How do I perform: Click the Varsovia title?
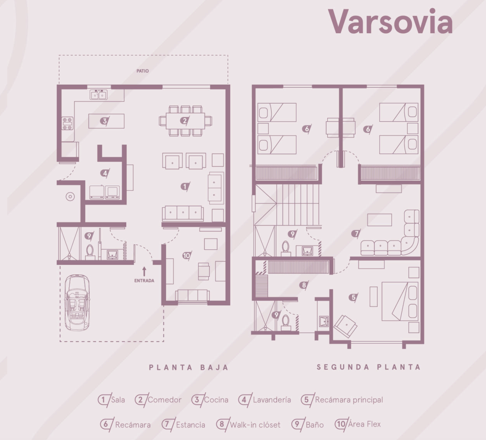pyautogui.click(x=390, y=22)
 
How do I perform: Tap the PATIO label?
pyautogui.click(x=142, y=71)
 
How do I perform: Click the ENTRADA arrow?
pyautogui.click(x=144, y=272)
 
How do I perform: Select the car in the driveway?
pyautogui.click(x=77, y=303)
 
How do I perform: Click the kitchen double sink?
pyautogui.click(x=98, y=95)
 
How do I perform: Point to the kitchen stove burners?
pyautogui.click(x=67, y=123)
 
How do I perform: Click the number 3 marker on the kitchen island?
pyautogui.click(x=104, y=121)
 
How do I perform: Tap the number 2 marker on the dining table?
pyautogui.click(x=185, y=121)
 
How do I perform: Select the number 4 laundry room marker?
pyautogui.click(x=105, y=173)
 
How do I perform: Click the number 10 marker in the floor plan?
pyautogui.click(x=187, y=256)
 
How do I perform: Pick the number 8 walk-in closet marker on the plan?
pyautogui.click(x=304, y=285)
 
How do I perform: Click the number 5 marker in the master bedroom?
pyautogui.click(x=354, y=297)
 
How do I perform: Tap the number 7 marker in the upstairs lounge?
pyautogui.click(x=356, y=233)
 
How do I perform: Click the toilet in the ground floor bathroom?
pyautogui.click(x=90, y=252)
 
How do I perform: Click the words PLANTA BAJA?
pyautogui.click(x=188, y=367)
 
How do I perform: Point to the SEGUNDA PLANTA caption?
pyautogui.click(x=368, y=367)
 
